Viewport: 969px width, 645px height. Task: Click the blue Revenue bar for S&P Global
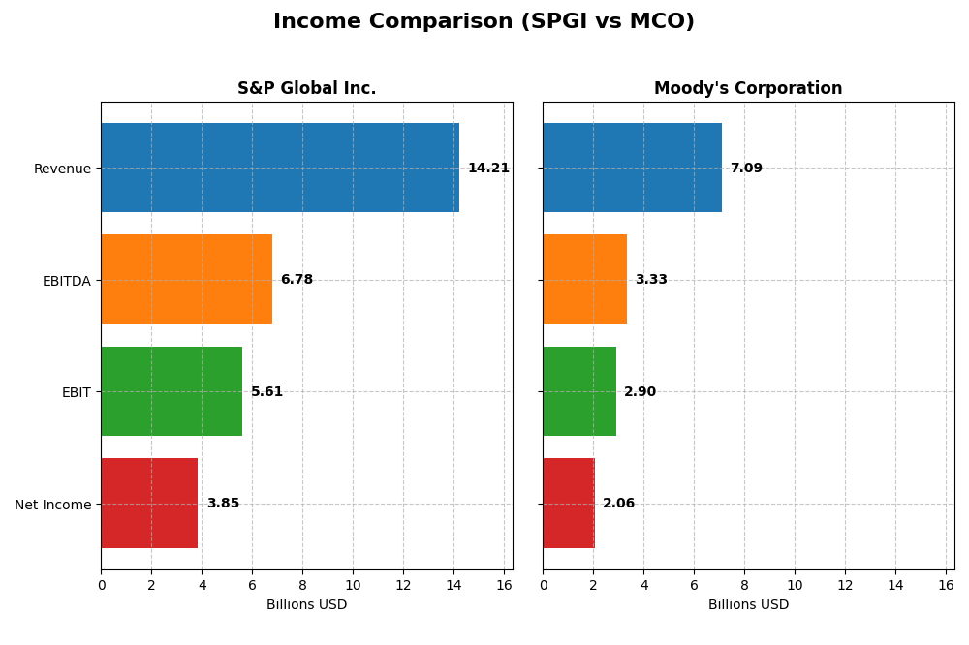click(279, 168)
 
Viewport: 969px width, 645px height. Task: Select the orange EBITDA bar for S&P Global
click(186, 280)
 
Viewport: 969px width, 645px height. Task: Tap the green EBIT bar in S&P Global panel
click(172, 391)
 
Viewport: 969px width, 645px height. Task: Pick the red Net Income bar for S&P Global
click(149, 504)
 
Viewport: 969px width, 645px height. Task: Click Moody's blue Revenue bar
click(632, 168)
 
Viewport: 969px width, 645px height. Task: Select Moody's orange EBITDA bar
click(584, 280)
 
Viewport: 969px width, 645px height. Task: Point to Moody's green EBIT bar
click(579, 391)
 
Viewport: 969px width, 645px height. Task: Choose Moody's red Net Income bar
click(569, 504)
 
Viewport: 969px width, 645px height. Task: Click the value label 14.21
click(488, 169)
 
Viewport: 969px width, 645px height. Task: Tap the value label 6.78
click(297, 280)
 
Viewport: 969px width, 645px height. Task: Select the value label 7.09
click(746, 169)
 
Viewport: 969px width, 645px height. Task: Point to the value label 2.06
click(618, 504)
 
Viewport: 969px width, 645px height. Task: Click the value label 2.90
click(640, 392)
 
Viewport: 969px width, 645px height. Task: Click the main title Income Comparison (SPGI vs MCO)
click(484, 21)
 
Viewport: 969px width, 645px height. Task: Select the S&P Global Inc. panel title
click(306, 89)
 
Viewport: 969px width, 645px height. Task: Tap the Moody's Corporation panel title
click(748, 89)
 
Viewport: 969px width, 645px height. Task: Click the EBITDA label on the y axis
click(66, 281)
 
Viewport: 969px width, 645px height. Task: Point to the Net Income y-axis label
click(52, 505)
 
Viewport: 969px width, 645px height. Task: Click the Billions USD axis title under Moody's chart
click(748, 605)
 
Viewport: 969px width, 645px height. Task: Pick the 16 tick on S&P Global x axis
click(504, 585)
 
